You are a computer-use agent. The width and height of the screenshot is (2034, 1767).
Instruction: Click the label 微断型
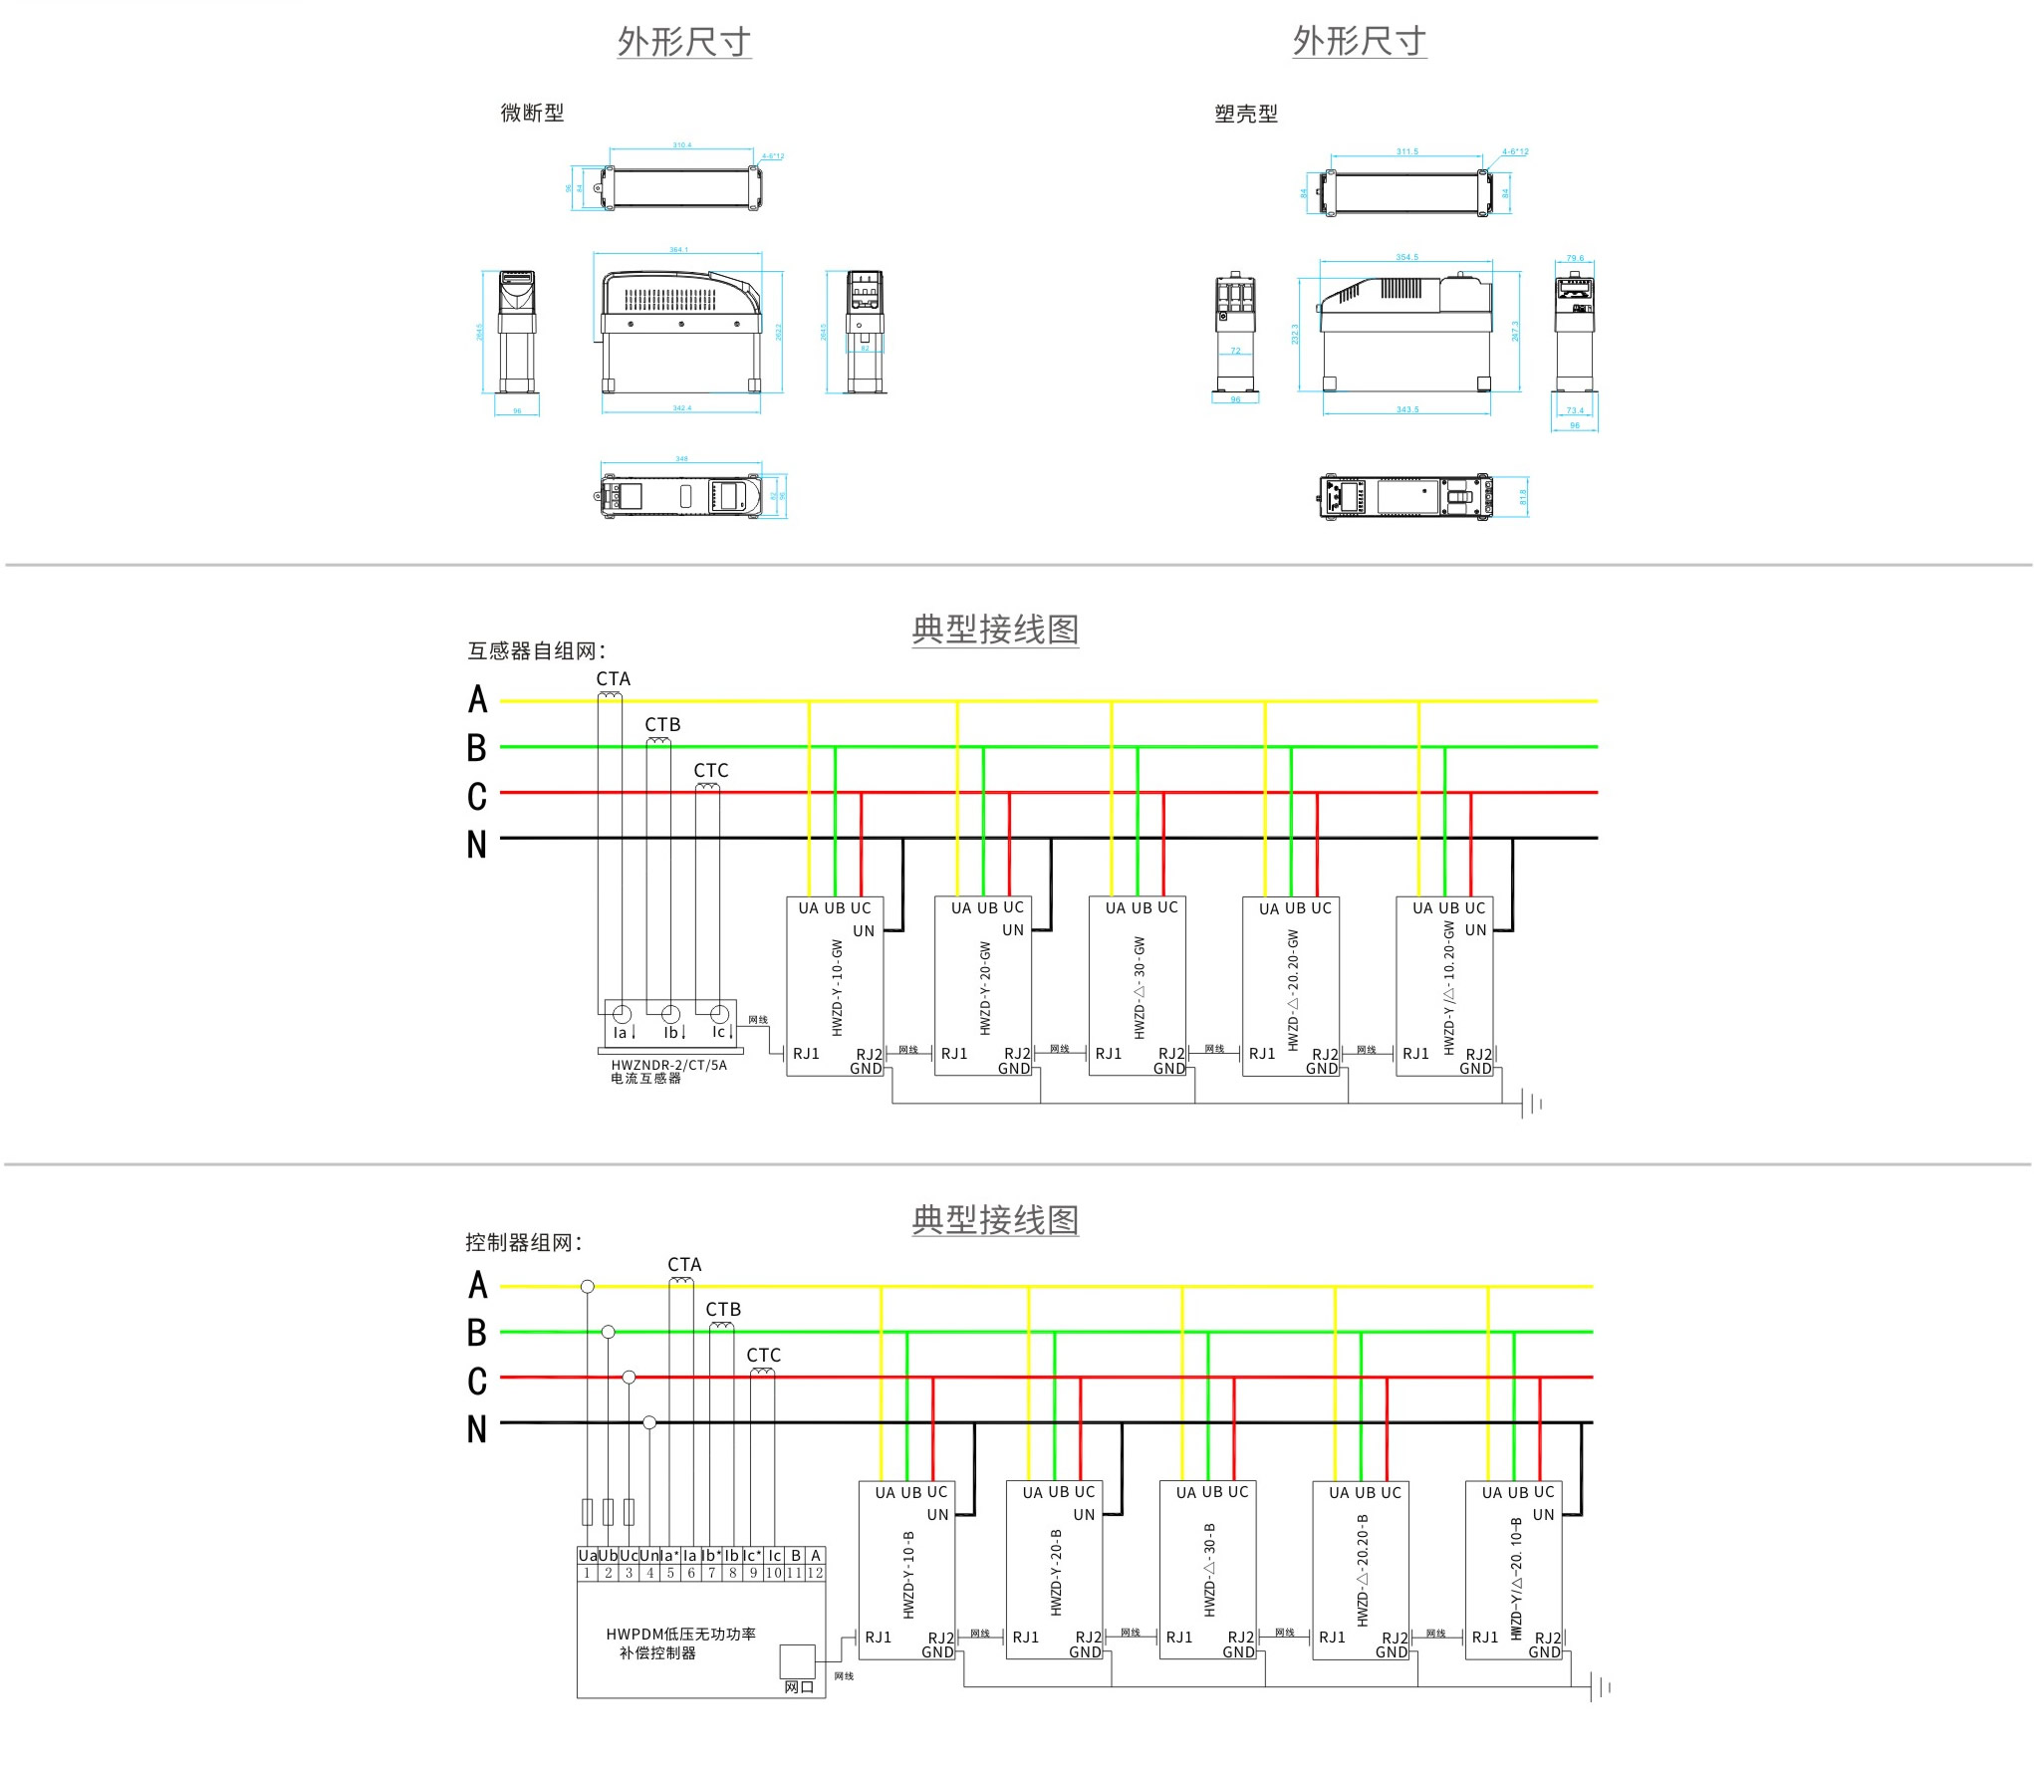(532, 114)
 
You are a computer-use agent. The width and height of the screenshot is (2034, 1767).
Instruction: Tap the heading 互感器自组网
(536, 651)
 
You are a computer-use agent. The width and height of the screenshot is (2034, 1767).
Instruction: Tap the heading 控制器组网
(523, 1242)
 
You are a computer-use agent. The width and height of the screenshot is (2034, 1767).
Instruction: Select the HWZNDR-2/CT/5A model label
(668, 1065)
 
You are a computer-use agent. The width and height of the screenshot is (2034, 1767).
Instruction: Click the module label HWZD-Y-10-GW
(838, 987)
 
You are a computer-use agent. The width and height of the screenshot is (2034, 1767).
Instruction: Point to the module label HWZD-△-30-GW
(1140, 987)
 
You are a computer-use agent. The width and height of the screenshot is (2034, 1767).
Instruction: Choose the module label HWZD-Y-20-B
(1056, 1572)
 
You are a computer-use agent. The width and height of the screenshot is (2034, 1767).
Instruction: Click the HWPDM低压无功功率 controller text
(680, 1635)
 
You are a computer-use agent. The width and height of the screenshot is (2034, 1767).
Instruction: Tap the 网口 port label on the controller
(799, 1686)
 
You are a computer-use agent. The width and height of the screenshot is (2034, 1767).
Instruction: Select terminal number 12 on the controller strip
(815, 1574)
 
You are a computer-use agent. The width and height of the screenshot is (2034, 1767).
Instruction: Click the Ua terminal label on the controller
(587, 1556)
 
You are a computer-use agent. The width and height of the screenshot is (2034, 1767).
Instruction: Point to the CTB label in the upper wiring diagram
(662, 725)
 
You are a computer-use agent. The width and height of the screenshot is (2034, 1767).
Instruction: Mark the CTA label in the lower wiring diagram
(684, 1264)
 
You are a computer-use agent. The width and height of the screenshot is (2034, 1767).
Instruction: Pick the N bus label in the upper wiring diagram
(477, 845)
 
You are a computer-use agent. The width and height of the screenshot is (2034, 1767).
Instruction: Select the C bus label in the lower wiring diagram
(477, 1382)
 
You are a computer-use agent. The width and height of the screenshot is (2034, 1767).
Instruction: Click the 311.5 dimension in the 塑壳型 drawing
(1406, 151)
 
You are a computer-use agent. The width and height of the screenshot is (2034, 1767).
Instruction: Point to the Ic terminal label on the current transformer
(719, 1032)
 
